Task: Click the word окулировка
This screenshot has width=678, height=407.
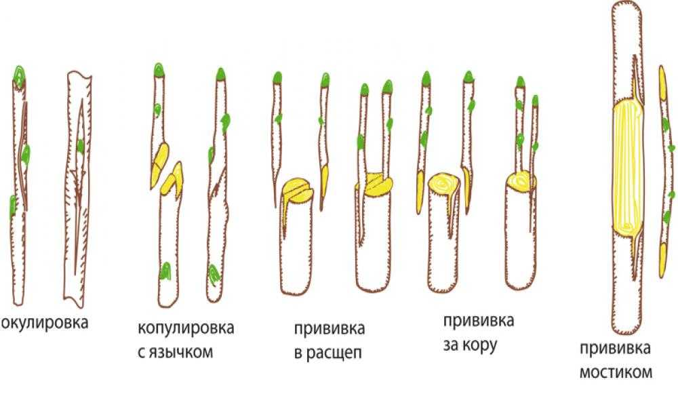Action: (x=45, y=323)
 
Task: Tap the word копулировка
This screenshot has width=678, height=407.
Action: (x=186, y=328)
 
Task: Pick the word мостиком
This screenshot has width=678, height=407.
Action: (x=616, y=372)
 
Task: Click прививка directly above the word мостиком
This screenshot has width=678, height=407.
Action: (x=615, y=349)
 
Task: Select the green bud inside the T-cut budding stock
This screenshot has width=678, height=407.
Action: (x=81, y=147)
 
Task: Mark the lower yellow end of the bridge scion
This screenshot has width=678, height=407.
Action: (x=662, y=260)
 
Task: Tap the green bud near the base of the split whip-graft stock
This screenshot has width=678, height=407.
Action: (x=165, y=271)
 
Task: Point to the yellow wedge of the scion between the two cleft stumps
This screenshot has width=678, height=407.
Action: (x=325, y=184)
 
